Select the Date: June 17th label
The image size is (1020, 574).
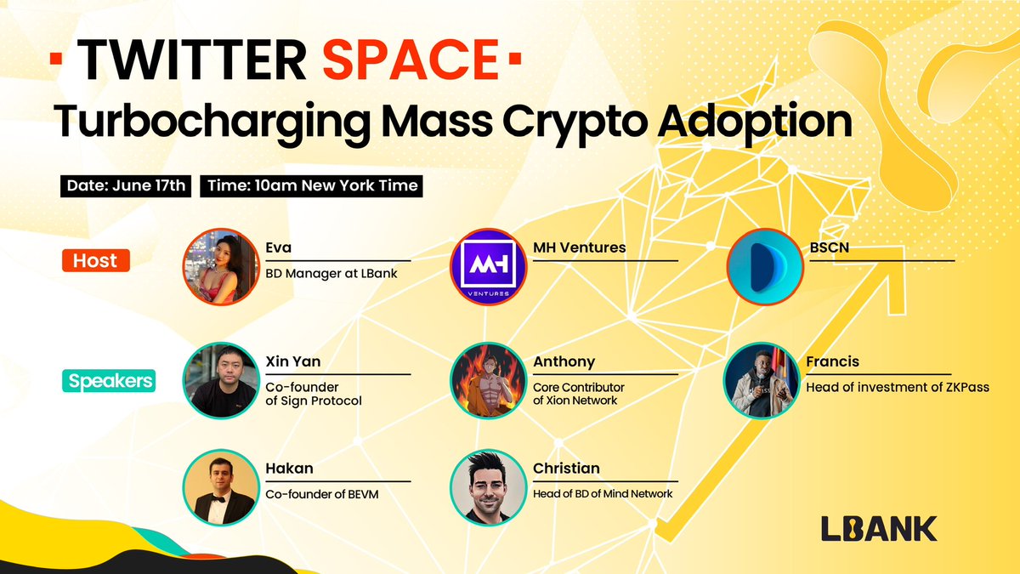coord(125,186)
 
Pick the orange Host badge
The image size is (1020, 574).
coord(94,260)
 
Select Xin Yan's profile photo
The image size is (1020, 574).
coord(221,380)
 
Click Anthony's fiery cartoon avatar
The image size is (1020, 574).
coord(488,380)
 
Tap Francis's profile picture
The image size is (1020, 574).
coord(763,380)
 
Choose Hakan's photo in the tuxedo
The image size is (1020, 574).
coord(221,486)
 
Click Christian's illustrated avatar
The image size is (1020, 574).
coord(488,486)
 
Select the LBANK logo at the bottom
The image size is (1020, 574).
coord(879,528)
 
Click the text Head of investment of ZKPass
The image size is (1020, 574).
coord(898,388)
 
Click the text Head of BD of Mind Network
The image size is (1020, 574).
coord(603,493)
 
